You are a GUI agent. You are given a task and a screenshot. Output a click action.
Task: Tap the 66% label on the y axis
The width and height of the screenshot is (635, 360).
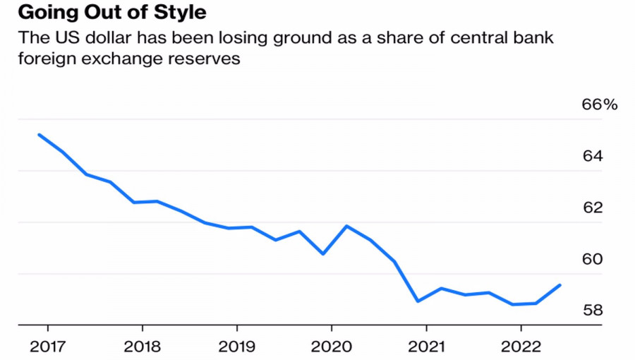click(599, 104)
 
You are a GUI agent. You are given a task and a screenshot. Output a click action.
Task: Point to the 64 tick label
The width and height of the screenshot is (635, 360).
click(592, 156)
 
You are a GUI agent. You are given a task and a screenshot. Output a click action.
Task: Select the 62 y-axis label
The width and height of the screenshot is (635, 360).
click(592, 208)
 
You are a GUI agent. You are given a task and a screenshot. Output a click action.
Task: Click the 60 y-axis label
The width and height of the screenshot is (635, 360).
click(592, 259)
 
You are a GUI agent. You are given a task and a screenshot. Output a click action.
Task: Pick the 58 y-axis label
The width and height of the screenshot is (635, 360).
click(592, 311)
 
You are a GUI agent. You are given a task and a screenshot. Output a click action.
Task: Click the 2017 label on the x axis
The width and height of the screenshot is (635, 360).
click(47, 347)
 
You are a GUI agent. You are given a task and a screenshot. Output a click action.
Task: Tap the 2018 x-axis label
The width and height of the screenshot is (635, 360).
click(142, 347)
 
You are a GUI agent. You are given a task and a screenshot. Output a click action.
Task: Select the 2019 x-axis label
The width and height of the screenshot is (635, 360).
click(236, 347)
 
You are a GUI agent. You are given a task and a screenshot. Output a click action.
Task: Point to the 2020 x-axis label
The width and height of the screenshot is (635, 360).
click(331, 347)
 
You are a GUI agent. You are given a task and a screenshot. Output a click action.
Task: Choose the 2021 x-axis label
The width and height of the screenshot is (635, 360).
click(426, 347)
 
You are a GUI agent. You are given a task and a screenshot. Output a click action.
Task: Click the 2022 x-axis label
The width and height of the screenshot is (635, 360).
click(521, 347)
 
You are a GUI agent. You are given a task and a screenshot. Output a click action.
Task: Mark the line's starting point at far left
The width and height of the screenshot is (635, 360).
click(39, 134)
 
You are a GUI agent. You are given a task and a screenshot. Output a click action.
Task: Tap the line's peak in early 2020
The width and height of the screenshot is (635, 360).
click(346, 226)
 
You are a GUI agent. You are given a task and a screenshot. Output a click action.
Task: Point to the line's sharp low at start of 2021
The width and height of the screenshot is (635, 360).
click(418, 301)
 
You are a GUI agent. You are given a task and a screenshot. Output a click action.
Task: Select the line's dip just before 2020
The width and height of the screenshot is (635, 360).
click(322, 253)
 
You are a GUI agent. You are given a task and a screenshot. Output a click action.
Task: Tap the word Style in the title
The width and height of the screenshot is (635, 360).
click(180, 13)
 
